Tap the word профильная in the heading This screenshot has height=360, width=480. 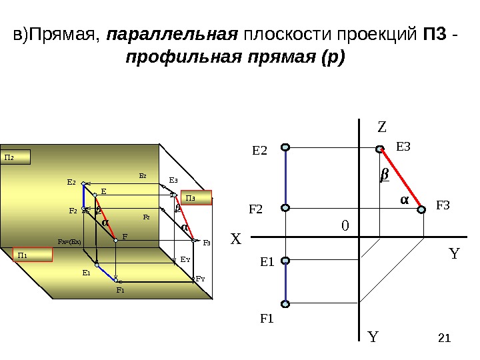coord(170,57)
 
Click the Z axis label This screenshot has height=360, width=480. coord(382,126)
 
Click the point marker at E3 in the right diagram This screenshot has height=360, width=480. coord(380,149)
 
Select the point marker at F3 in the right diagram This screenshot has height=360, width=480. coord(421,209)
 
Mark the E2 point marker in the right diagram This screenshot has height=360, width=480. coord(285,147)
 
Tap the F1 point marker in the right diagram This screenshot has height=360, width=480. coord(285,304)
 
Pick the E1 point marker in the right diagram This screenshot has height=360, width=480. coord(285,261)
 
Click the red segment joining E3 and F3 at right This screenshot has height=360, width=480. coord(401,179)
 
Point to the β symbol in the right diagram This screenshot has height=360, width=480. coord(384,175)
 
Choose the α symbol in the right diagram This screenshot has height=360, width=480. coord(404,199)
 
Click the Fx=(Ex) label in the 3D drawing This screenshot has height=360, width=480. coord(69,242)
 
